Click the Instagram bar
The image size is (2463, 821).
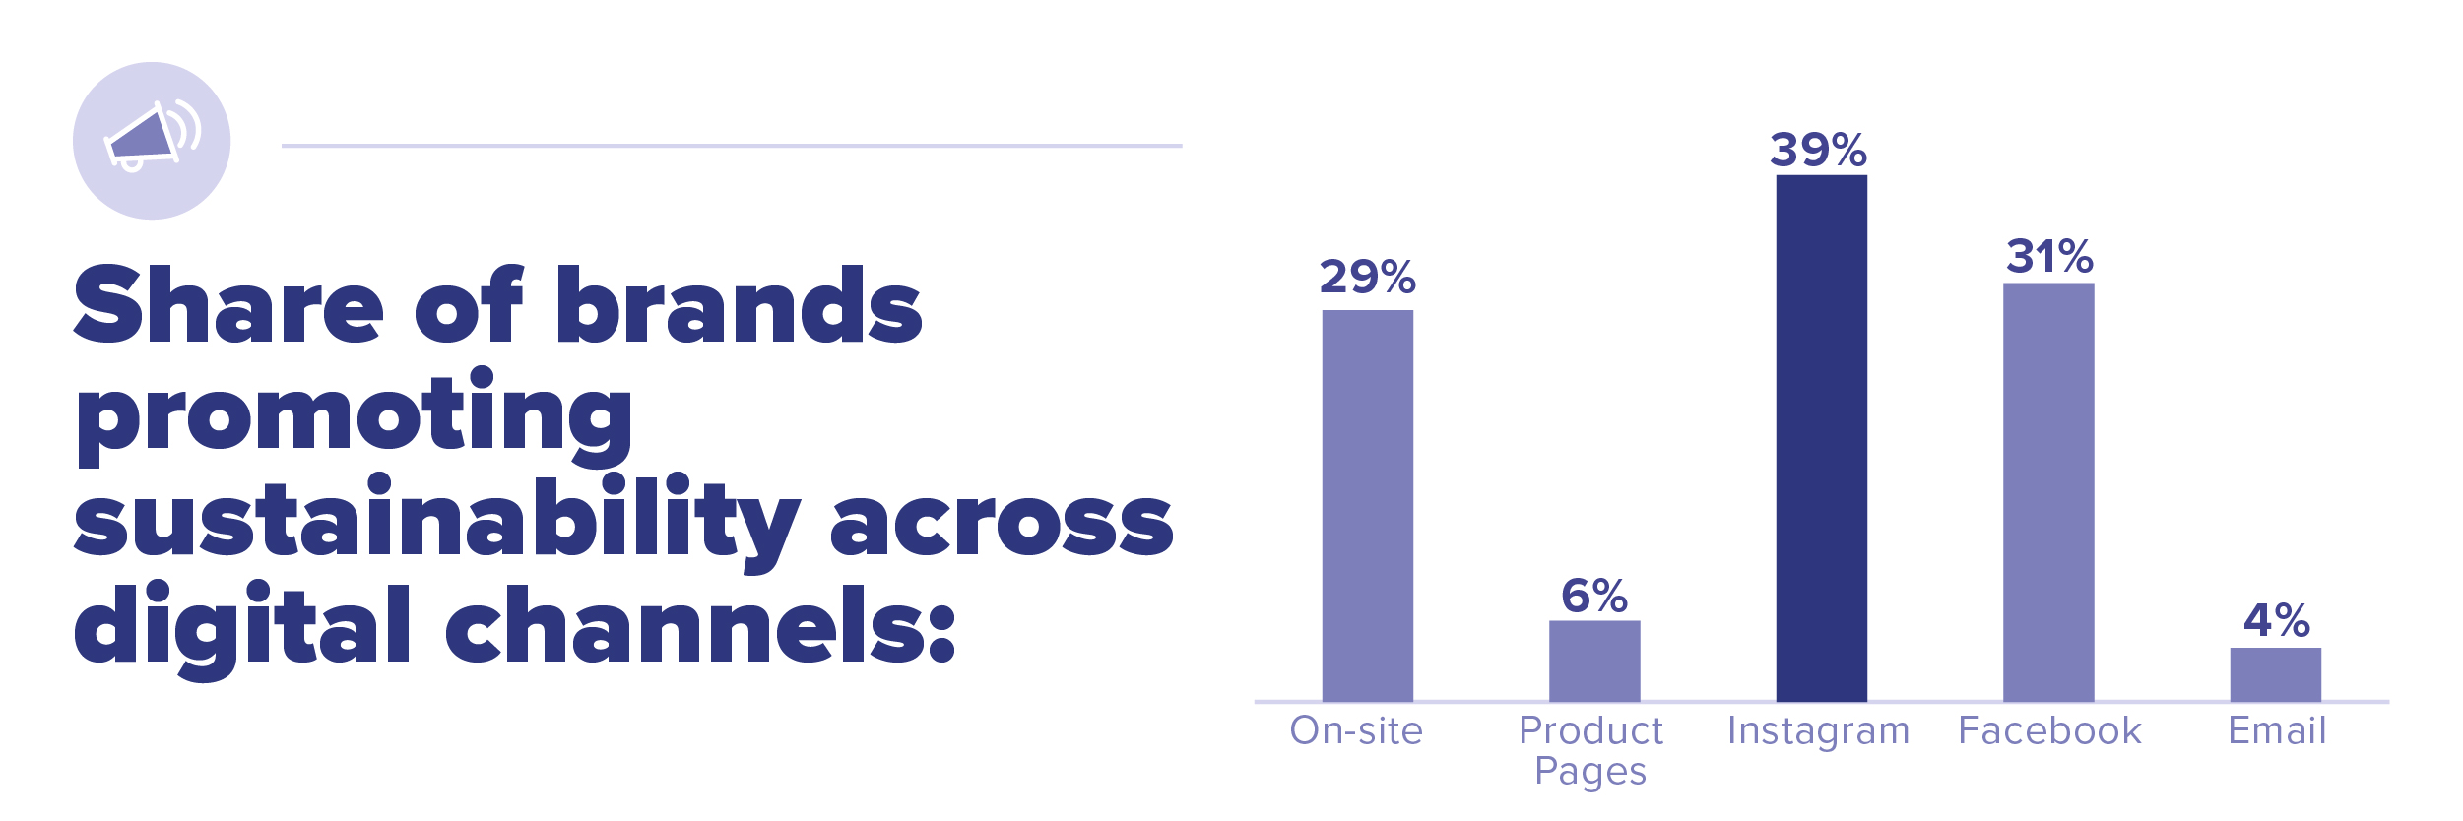1821,438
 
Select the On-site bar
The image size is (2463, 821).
1367,506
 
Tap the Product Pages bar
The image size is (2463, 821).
1594,661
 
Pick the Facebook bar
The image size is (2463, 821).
2048,492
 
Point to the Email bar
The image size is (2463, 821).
2276,674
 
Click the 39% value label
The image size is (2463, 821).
1819,150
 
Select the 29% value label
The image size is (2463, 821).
1368,277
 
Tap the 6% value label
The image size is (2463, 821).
1594,596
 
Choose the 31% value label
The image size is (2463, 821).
2049,257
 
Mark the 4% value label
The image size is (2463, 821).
2276,621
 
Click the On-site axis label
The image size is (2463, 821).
1356,730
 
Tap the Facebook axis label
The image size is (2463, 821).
2049,730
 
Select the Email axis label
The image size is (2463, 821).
2277,730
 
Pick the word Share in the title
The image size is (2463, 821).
228,304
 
